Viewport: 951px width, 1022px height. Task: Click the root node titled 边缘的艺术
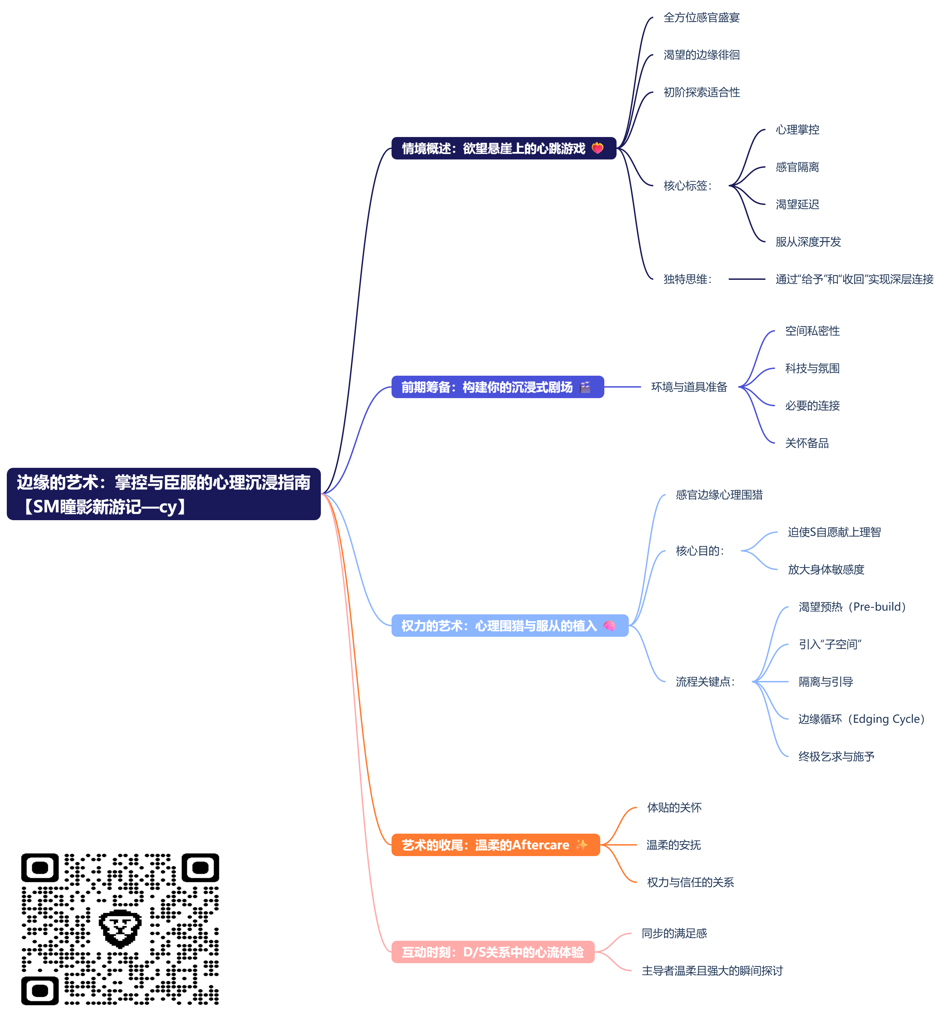(163, 494)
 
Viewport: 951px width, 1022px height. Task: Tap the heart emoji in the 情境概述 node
(597, 148)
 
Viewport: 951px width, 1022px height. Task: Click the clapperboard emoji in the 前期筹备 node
(585, 387)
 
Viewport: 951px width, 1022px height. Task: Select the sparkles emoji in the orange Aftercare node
(582, 845)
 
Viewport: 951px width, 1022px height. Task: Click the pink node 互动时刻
(492, 952)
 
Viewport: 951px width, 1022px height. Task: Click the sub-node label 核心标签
(687, 186)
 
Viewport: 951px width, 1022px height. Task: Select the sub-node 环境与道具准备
(689, 387)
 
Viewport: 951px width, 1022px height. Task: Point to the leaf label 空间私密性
(812, 331)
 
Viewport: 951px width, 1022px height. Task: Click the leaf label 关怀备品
(807, 443)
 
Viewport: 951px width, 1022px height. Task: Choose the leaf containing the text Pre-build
(852, 607)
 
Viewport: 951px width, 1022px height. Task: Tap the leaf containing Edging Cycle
(861, 719)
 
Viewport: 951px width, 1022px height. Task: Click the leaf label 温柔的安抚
(673, 845)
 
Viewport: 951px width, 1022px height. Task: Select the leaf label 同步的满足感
(674, 933)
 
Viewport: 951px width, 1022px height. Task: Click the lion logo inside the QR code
(120, 929)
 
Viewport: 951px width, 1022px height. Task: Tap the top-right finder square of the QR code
(200, 868)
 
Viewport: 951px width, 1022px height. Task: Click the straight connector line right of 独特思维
(746, 279)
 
